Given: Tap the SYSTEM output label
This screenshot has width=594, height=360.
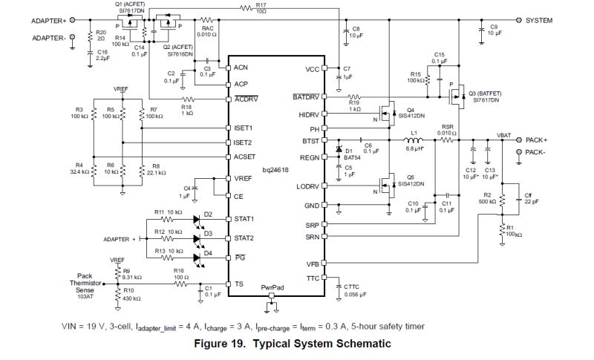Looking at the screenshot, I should [x=539, y=21].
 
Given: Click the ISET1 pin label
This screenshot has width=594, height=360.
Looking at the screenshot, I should [x=243, y=128].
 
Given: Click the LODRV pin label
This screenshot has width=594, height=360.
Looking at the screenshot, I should [x=310, y=186].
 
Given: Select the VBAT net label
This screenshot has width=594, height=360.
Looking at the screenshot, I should [x=504, y=134].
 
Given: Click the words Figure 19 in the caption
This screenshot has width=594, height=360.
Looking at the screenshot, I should [x=224, y=344].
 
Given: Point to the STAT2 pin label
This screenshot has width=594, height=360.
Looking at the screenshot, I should [x=243, y=238].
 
